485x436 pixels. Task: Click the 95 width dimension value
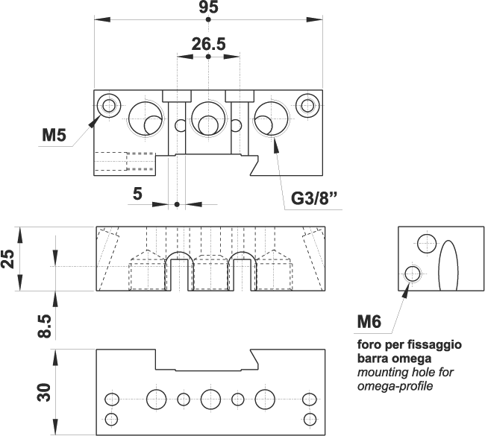coord(208,8)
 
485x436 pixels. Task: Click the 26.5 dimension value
coord(208,44)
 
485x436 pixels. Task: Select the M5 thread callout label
coord(54,135)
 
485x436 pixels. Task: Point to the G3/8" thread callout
coord(314,199)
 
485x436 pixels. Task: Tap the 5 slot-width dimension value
coord(137,194)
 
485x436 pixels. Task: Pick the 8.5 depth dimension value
coord(44,326)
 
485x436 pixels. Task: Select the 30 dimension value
coord(44,392)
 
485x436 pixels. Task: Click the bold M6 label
coord(369,322)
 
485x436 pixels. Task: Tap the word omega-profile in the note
coord(395,386)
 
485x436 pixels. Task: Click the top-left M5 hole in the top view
coord(110,105)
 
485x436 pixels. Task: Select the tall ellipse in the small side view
coord(448,266)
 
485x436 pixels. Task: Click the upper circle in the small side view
coord(427,243)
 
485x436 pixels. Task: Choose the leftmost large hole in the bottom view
coord(157,399)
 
